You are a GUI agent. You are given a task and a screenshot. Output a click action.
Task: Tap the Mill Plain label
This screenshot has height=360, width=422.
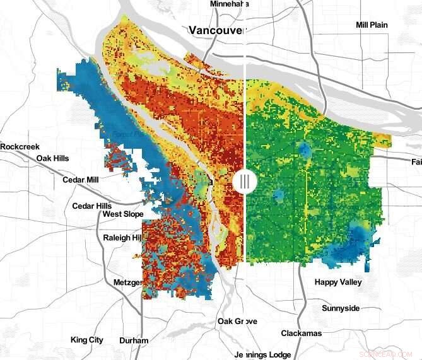(372, 25)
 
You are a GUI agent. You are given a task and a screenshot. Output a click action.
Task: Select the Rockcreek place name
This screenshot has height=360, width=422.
(19, 146)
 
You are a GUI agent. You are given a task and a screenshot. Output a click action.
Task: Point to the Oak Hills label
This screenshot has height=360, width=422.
(52, 158)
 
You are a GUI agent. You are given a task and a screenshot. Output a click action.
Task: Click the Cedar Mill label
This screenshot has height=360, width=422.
(80, 180)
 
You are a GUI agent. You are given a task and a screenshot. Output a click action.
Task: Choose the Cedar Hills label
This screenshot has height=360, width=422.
(91, 206)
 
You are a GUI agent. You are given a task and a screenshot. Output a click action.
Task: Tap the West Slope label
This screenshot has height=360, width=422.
(123, 214)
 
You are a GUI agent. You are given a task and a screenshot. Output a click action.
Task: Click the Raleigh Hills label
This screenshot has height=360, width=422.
(122, 238)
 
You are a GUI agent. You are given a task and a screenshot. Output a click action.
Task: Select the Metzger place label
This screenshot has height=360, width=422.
(128, 282)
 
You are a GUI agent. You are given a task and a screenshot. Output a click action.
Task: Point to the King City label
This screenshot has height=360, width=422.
(87, 340)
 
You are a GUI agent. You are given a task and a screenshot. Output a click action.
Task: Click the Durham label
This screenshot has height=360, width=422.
(133, 340)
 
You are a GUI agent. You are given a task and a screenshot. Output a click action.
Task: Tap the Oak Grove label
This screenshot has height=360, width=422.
(237, 322)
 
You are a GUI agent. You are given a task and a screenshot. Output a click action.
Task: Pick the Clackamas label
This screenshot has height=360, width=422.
(302, 333)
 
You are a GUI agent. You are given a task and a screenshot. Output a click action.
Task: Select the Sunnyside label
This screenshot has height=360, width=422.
(341, 308)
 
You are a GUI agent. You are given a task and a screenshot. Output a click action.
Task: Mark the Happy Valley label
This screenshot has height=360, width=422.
(338, 282)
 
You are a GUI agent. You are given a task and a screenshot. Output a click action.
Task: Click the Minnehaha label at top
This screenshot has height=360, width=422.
(229, 4)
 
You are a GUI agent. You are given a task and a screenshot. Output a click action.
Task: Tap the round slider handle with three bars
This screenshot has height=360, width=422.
(244, 182)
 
